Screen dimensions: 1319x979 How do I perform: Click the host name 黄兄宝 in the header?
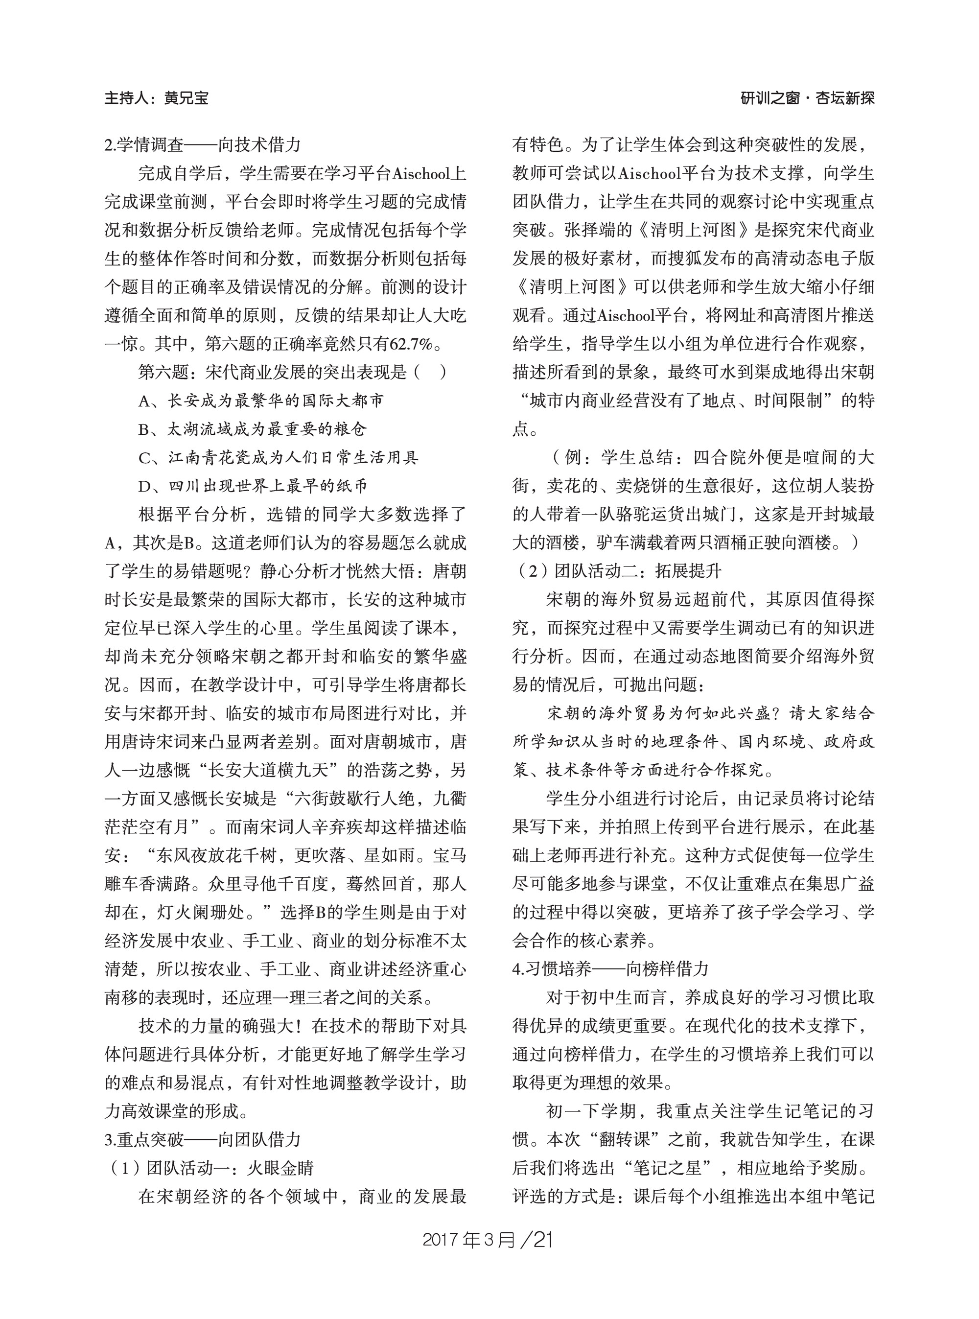[186, 98]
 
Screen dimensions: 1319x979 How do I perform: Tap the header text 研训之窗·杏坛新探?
[807, 98]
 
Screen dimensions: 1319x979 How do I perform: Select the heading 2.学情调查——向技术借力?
[203, 144]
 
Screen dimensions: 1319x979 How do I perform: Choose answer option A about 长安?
[261, 400]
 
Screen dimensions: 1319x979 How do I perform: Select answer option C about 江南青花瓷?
[279, 458]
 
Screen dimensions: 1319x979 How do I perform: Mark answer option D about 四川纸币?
[253, 486]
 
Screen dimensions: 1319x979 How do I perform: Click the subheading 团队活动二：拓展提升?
[638, 571]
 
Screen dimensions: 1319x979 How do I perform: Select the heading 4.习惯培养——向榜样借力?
[610, 968]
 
